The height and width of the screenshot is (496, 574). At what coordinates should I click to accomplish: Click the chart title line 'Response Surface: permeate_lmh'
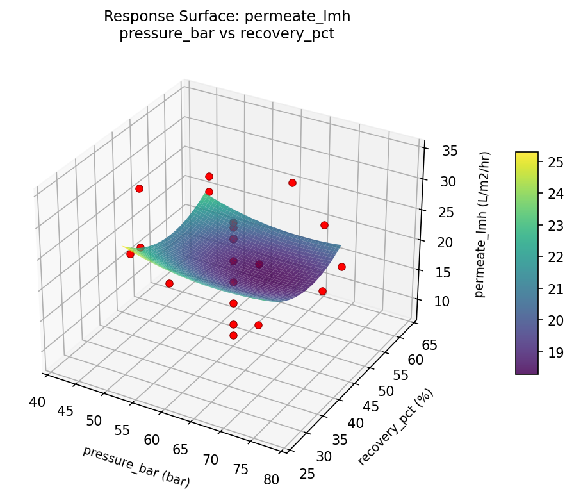click(x=227, y=16)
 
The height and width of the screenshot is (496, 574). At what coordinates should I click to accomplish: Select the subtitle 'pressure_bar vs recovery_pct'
click(x=227, y=34)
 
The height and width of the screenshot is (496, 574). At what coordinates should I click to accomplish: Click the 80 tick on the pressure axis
click(x=270, y=479)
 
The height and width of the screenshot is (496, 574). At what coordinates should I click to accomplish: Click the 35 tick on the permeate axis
click(x=449, y=151)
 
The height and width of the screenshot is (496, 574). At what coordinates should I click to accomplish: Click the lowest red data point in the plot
click(x=233, y=335)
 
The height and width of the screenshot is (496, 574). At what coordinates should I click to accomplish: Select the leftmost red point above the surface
click(x=139, y=188)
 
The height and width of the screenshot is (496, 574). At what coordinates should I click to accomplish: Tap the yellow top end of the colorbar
click(x=527, y=154)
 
